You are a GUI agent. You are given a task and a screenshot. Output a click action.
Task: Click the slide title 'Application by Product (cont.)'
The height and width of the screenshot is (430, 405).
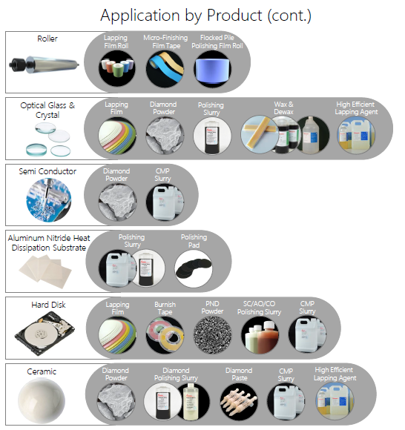(x=205, y=16)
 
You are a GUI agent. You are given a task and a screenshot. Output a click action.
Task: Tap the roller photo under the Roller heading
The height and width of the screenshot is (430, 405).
(x=45, y=64)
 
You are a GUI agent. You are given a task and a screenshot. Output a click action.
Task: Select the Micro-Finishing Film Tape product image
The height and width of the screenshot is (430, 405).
(x=165, y=69)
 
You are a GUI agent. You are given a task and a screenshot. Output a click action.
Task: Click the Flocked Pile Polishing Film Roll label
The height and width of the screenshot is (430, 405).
(x=217, y=42)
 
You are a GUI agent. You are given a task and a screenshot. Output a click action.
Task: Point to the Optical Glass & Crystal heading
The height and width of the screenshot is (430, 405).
(x=47, y=110)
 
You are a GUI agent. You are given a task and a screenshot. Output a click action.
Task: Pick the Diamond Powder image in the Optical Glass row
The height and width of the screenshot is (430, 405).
(x=165, y=136)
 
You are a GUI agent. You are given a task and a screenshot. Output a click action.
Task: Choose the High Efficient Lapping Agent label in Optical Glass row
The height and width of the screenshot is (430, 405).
(x=356, y=108)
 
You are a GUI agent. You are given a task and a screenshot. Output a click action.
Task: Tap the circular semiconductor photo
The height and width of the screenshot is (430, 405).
(x=49, y=199)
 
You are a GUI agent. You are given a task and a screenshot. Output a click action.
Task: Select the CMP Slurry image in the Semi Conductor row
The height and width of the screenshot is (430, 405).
(x=165, y=202)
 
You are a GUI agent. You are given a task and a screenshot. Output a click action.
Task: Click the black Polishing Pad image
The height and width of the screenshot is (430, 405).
(x=194, y=268)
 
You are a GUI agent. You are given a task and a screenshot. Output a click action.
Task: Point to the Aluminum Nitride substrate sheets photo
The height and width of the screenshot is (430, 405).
(x=45, y=271)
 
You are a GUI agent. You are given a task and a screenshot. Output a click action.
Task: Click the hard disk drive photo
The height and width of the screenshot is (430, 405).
(x=45, y=333)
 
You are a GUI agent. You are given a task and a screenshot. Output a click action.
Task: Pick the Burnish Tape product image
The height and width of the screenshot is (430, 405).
(x=165, y=335)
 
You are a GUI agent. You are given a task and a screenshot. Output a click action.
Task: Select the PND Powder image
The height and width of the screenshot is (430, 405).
(x=212, y=335)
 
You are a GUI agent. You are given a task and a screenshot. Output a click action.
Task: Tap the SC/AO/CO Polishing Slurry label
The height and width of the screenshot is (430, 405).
(x=259, y=308)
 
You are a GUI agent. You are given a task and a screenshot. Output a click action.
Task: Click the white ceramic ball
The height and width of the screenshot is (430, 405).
(x=42, y=400)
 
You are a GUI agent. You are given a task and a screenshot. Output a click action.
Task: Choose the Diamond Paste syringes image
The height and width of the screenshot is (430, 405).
(x=239, y=402)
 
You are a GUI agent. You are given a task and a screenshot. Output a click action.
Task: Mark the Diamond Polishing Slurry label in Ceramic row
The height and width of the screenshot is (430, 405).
(x=176, y=374)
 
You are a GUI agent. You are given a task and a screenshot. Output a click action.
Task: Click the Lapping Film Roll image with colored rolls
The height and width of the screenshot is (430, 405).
(x=117, y=68)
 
